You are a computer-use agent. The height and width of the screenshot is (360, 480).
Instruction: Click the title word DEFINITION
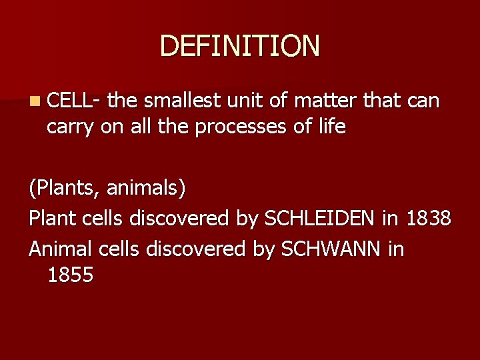pyautogui.click(x=240, y=46)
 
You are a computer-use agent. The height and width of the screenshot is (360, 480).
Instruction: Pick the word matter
pyautogui.click(x=328, y=101)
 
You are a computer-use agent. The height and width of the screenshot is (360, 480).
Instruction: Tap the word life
pyautogui.click(x=331, y=127)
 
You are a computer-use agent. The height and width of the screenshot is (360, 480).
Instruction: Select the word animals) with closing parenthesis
pyautogui.click(x=145, y=188)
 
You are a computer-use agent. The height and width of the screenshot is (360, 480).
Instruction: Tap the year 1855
pyautogui.click(x=70, y=274)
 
